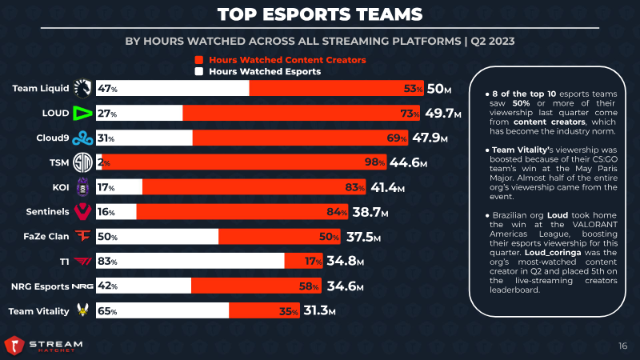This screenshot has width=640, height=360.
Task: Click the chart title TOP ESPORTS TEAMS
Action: pyautogui.click(x=320, y=15)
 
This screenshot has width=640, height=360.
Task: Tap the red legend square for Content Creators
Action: pyautogui.click(x=199, y=60)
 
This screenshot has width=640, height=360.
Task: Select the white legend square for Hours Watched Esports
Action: pyautogui.click(x=199, y=71)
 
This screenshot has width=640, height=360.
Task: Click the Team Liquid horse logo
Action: pyautogui.click(x=82, y=88)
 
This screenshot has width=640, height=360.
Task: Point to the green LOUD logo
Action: pyautogui.click(x=82, y=113)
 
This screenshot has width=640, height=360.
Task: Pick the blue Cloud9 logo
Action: pyautogui.click(x=82, y=138)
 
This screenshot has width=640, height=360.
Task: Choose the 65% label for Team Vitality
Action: pyautogui.click(x=107, y=311)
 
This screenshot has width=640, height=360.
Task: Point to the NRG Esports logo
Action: pyautogui.click(x=82, y=286)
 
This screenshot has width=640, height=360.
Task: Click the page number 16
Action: pyautogui.click(x=622, y=346)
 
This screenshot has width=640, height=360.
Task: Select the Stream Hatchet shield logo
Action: pyautogui.click(x=14, y=346)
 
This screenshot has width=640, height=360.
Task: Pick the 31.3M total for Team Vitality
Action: pyautogui.click(x=324, y=311)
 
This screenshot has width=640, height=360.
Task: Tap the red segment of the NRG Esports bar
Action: pyautogui.click(x=256, y=286)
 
